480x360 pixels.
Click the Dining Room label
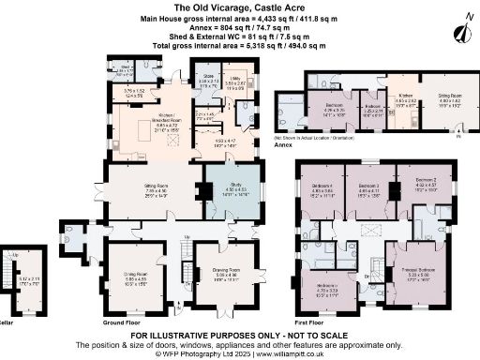137,278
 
